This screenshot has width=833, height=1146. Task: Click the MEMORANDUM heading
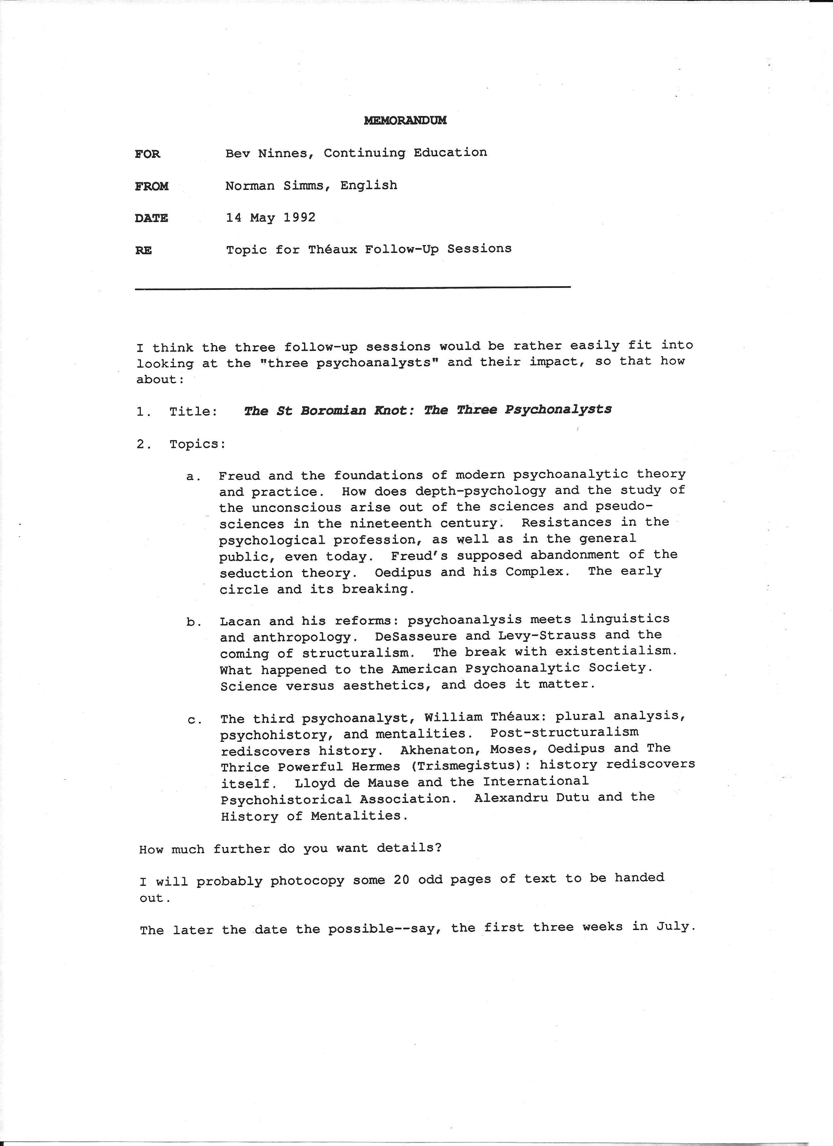[x=405, y=120]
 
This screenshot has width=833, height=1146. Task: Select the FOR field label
[x=148, y=154]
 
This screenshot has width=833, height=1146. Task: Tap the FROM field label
[x=152, y=187]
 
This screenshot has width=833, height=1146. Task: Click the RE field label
[x=143, y=251]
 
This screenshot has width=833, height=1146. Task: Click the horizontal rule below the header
[x=352, y=288]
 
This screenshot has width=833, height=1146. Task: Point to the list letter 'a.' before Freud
[x=193, y=476]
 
